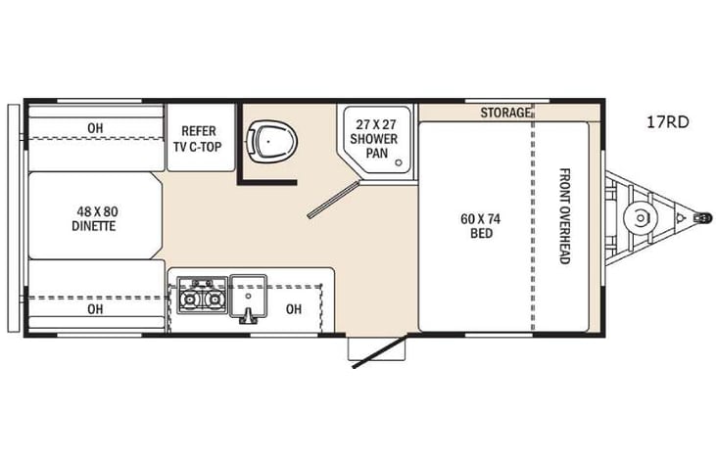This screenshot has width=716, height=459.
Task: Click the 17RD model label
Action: [667, 123]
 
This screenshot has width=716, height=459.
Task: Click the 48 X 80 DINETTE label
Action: [94, 217]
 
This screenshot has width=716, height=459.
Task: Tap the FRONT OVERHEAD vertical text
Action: [564, 215]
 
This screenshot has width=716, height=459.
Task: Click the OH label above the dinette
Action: [95, 127]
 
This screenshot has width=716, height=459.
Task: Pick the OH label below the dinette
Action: [95, 309]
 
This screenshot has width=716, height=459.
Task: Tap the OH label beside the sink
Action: [294, 309]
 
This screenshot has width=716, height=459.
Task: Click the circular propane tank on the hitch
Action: [641, 218]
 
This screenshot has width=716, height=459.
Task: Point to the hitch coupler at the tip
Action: [701, 218]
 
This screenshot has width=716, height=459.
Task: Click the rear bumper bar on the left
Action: [13, 217]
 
